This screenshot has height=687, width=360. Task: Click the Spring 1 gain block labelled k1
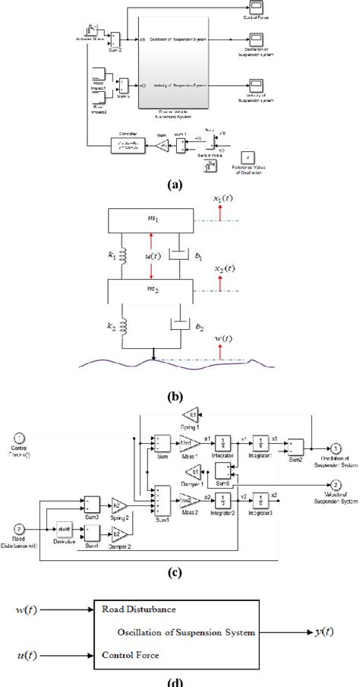[x=192, y=415]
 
